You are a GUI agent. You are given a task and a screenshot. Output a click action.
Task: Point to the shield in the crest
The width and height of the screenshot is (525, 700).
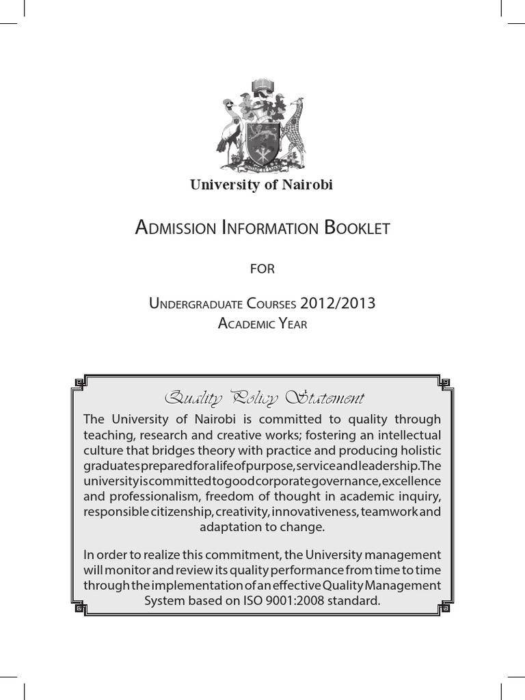[261, 143]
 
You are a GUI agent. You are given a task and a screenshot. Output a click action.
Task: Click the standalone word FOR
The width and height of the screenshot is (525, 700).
[262, 269]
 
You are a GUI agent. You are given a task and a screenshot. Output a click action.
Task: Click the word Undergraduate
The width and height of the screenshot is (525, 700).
[198, 304]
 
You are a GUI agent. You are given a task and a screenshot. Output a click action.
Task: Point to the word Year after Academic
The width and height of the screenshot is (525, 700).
[291, 324]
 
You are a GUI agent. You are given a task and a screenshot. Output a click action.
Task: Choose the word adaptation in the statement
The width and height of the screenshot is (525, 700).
[228, 528]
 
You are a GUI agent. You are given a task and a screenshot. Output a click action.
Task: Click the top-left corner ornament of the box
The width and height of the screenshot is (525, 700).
[80, 381]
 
